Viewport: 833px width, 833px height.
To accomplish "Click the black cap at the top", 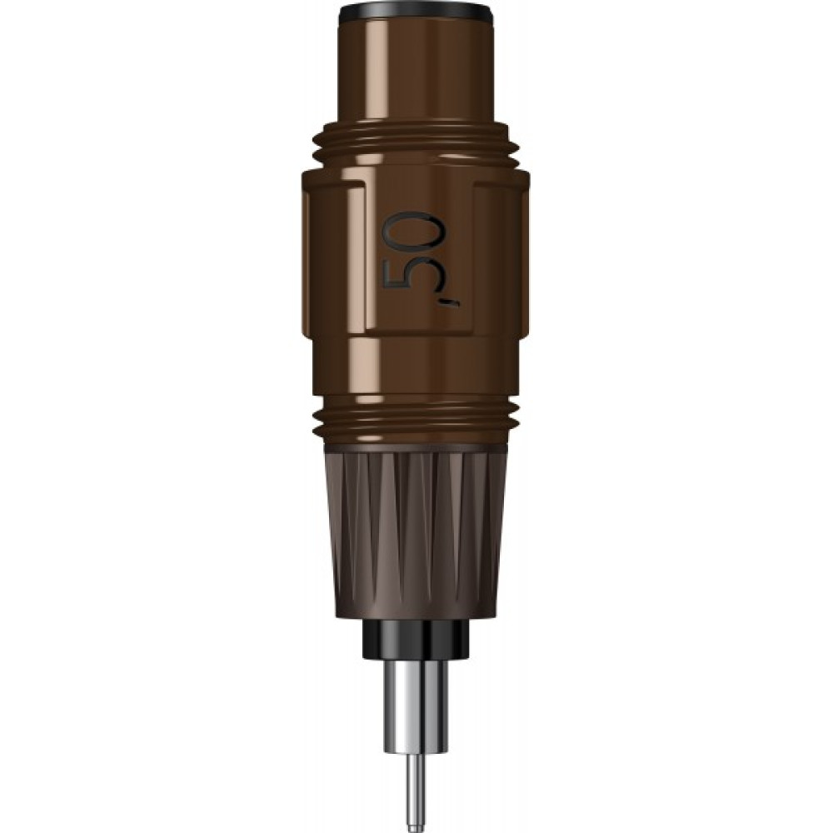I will click(x=416, y=12).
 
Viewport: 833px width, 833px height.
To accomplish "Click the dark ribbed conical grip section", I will click(x=416, y=533).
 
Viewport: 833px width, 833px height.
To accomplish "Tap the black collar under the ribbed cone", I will click(x=416, y=637).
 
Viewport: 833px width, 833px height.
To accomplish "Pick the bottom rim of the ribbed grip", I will click(x=416, y=615).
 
